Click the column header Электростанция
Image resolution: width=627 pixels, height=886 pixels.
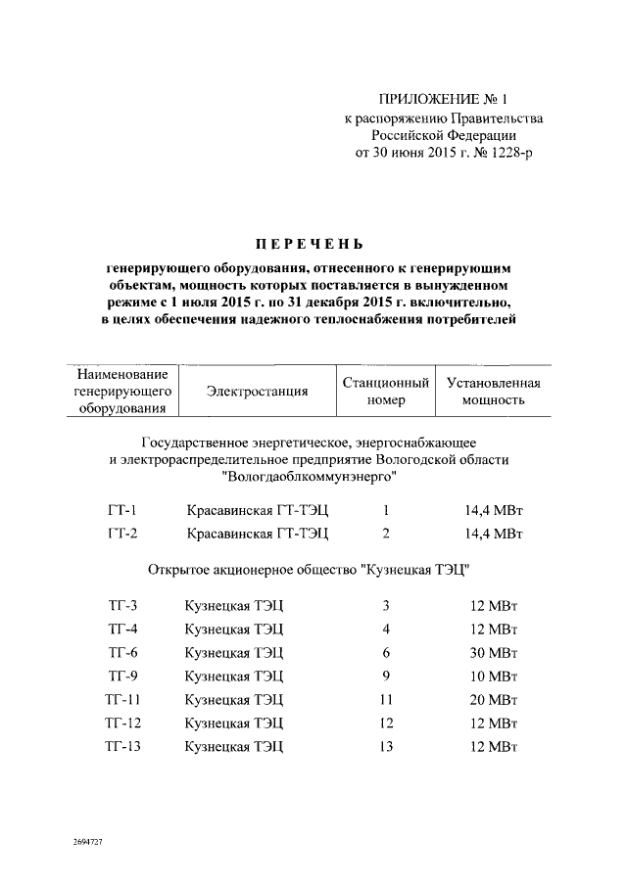click(258, 391)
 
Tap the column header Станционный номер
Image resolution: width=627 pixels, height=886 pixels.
click(386, 391)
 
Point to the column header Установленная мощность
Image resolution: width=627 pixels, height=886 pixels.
click(494, 391)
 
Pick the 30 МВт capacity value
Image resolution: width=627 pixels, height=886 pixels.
click(494, 652)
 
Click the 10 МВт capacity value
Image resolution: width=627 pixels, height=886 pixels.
click(494, 676)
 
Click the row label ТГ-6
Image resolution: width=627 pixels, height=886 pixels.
click(122, 652)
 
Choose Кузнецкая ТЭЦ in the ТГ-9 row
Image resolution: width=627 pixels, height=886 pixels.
click(234, 676)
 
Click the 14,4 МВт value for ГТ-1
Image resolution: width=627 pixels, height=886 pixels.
click(494, 509)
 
